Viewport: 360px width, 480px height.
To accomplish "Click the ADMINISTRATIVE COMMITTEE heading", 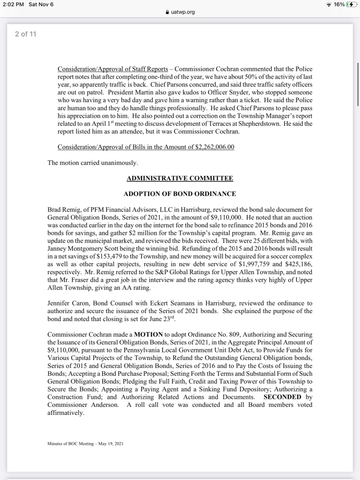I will [180, 178].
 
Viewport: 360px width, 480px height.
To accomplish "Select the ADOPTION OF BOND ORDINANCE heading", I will [180, 194].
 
